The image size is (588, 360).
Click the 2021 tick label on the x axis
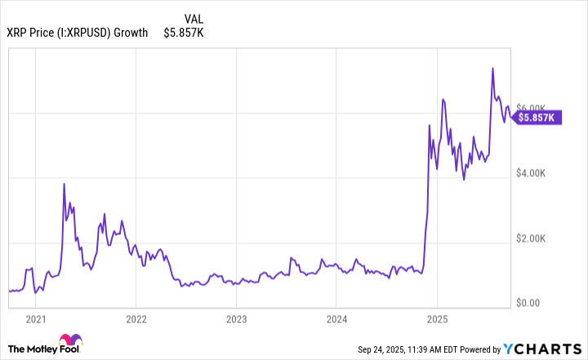tap(35, 319)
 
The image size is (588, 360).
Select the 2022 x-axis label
tap(136, 319)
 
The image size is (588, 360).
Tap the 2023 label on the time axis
tap(236, 319)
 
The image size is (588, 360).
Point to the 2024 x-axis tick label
tap(336, 319)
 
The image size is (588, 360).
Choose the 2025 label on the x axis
tap(437, 319)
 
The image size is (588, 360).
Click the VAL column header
tap(194, 18)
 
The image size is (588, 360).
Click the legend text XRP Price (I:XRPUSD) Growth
tap(78, 33)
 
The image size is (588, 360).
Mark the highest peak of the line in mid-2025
tap(492, 68)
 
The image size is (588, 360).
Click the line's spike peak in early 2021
tap(64, 184)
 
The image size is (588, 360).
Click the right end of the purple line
tap(511, 117)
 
